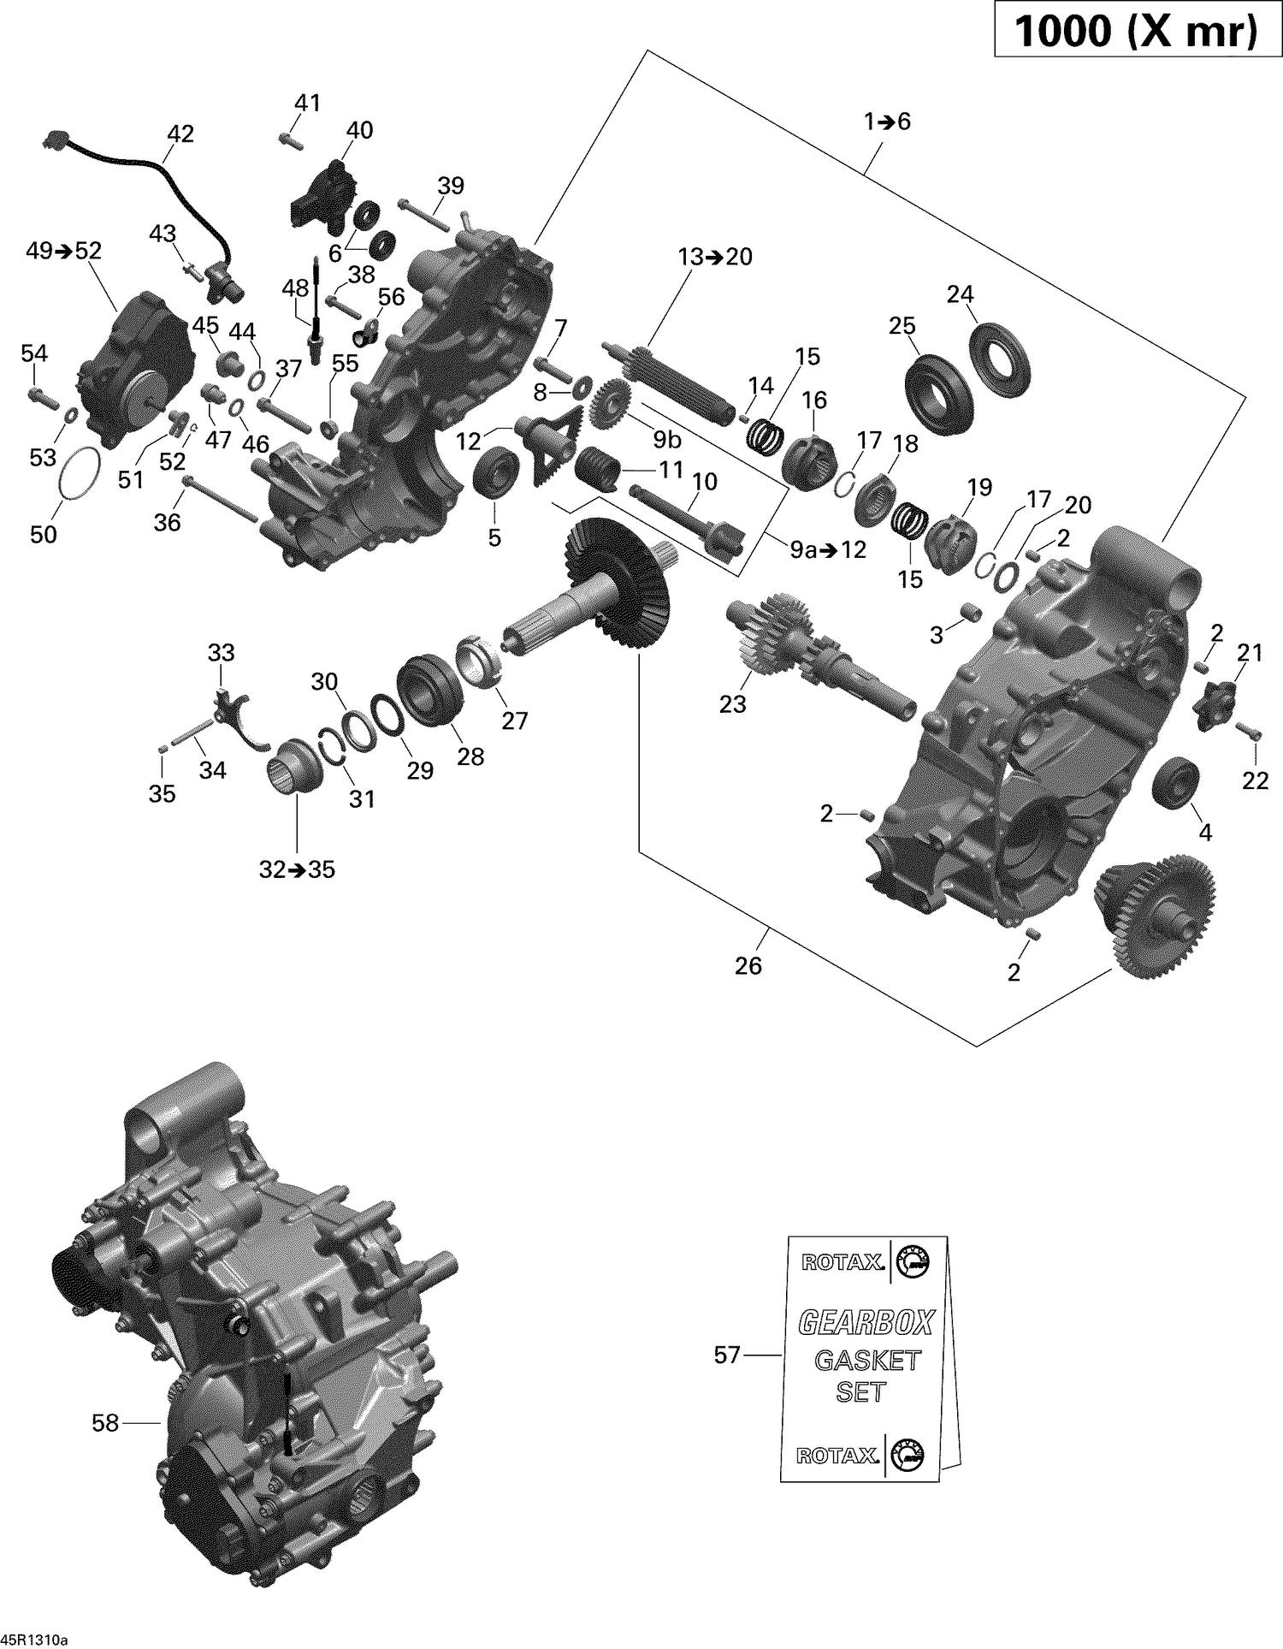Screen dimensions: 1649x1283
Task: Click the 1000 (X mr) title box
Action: [1137, 32]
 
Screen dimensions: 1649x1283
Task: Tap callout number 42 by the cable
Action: [180, 133]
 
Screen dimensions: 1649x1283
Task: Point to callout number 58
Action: [105, 1423]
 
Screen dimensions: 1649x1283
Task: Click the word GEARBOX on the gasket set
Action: [866, 1323]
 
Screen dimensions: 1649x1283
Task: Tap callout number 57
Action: [726, 1355]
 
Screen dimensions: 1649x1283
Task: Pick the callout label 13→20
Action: [715, 257]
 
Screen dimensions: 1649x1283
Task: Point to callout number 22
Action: [1255, 780]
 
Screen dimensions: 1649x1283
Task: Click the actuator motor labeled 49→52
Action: [133, 368]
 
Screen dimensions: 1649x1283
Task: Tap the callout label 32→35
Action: [297, 869]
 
